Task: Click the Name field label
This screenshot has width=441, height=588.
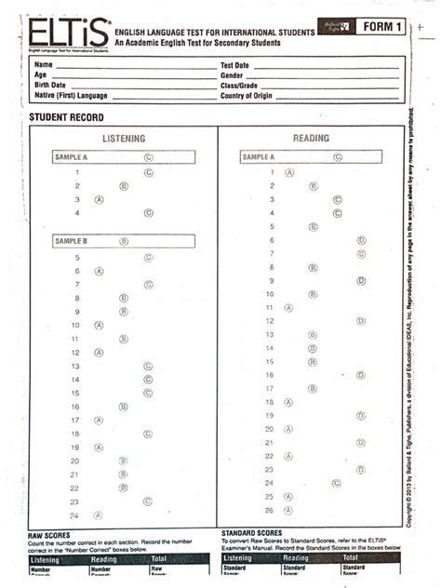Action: (44, 65)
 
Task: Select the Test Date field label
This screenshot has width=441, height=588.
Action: (234, 65)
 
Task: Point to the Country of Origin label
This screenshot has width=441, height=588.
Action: (251, 95)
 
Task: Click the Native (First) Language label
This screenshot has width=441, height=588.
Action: (71, 95)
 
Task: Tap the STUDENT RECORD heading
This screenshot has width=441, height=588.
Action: (67, 118)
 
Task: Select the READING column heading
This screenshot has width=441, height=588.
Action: (311, 139)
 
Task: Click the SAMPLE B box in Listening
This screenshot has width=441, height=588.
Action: (123, 240)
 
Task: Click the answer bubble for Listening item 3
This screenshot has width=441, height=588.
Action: (99, 199)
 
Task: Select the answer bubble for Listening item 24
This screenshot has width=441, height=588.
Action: (99, 514)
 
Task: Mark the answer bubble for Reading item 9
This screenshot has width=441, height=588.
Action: (360, 280)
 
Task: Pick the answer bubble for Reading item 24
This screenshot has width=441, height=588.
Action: (336, 483)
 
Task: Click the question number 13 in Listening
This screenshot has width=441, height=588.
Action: (75, 367)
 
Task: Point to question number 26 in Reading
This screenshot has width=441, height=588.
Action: (269, 510)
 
